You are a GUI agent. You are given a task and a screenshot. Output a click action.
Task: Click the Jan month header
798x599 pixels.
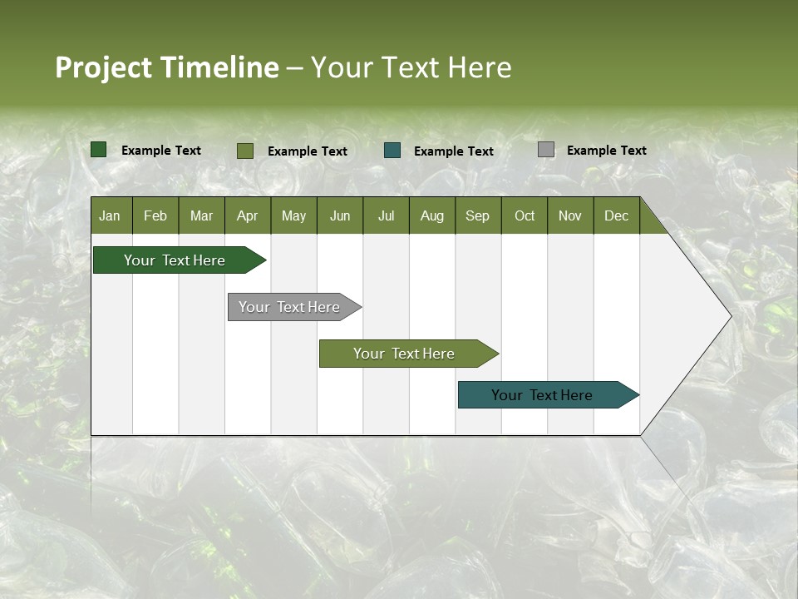tap(110, 216)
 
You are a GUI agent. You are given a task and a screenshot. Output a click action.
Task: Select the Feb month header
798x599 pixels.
tap(155, 216)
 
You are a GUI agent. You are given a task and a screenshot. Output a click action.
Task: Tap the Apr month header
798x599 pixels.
tap(247, 216)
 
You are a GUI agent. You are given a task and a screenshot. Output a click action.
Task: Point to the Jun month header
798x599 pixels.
tap(340, 216)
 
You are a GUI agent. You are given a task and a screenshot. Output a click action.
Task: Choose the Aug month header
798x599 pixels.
tap(431, 216)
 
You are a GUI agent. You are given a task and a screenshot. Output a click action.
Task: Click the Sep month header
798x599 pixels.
tap(477, 216)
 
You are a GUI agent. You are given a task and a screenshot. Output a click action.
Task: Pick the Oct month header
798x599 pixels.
tap(525, 216)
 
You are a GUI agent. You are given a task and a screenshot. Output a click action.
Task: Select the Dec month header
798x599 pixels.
tap(616, 216)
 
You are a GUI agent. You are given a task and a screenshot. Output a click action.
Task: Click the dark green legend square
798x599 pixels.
tap(99, 150)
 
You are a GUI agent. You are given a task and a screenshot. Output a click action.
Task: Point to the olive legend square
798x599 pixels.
tap(245, 151)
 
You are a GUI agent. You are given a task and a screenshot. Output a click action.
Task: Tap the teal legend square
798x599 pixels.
tap(392, 151)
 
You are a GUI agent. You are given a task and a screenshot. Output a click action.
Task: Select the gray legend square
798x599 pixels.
tap(546, 150)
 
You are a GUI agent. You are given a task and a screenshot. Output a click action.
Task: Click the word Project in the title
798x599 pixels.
tap(103, 67)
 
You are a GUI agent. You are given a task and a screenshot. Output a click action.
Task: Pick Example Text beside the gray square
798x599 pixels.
tap(606, 151)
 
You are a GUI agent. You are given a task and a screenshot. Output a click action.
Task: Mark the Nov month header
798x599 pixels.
tap(569, 216)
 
